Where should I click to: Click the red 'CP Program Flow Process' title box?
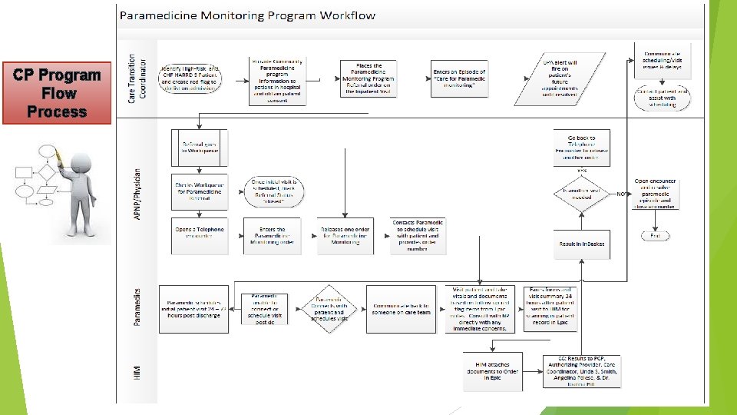(57, 93)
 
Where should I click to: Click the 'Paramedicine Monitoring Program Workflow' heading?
(247, 15)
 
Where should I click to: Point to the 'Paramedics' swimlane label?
(136, 307)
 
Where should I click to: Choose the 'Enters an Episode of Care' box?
(458, 76)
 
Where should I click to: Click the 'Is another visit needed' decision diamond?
(582, 192)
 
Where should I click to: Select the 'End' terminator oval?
(655, 236)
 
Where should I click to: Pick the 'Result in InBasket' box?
(581, 244)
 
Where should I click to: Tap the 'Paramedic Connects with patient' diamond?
(329, 308)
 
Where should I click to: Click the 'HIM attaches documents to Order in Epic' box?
(492, 370)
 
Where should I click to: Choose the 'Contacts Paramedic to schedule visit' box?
(418, 235)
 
